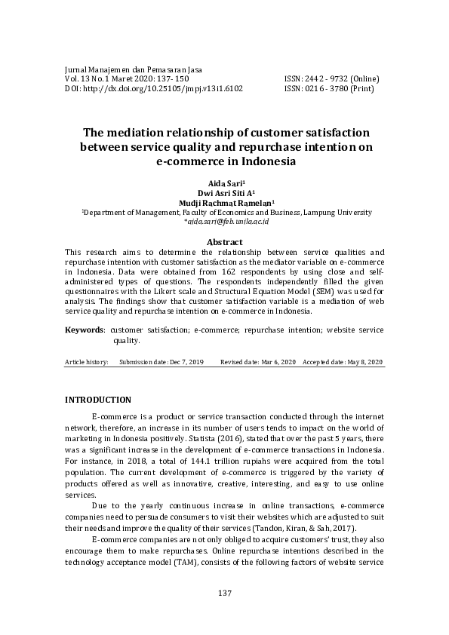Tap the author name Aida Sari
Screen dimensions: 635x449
point(223,183)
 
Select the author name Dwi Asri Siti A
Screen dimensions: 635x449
point(223,193)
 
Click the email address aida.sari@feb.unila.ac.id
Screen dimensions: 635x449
point(226,223)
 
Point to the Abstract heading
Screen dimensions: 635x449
point(224,242)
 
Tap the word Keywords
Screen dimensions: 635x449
point(84,330)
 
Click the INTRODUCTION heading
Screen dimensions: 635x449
point(98,400)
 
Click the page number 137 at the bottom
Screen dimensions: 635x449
point(224,594)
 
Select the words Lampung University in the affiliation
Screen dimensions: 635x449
point(335,213)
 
